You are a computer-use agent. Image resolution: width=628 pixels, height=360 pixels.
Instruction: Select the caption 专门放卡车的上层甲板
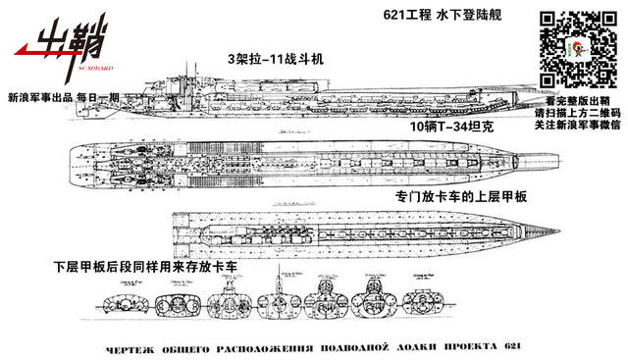tap(460, 197)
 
